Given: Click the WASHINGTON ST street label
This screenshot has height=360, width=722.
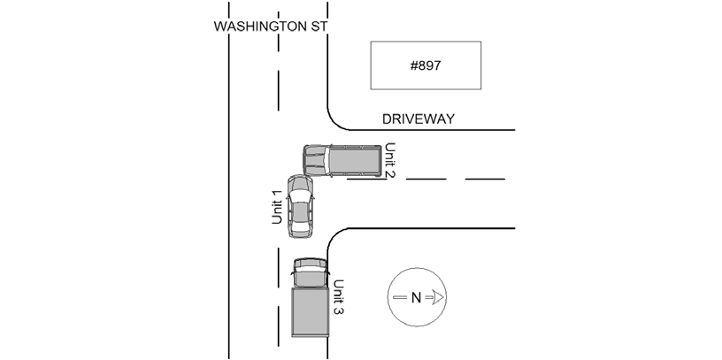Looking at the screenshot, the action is (271, 27).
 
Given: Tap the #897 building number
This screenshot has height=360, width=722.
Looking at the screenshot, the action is (426, 65).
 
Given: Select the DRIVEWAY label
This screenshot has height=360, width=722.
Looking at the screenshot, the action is (419, 119).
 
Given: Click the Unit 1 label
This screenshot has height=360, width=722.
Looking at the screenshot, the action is (277, 207).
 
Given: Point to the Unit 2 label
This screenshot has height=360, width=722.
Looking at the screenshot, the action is (389, 161).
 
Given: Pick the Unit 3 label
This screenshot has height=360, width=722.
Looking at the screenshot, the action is (338, 297).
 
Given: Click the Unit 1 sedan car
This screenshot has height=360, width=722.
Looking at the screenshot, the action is (300, 206).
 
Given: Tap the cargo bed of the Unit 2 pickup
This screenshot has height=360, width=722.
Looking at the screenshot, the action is (355, 161).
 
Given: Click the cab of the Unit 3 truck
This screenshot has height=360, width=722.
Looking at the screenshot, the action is (311, 273).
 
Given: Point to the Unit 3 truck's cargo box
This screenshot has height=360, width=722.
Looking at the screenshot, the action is (311, 312).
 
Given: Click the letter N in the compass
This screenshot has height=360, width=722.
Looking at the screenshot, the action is (416, 298).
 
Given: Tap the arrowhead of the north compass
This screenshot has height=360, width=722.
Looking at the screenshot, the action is (437, 297).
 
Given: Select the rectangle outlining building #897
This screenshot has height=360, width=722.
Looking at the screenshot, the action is (426, 42).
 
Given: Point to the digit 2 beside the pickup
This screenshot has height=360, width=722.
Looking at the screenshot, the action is (389, 174).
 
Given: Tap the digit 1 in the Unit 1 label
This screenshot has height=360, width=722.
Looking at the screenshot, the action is (277, 193).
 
